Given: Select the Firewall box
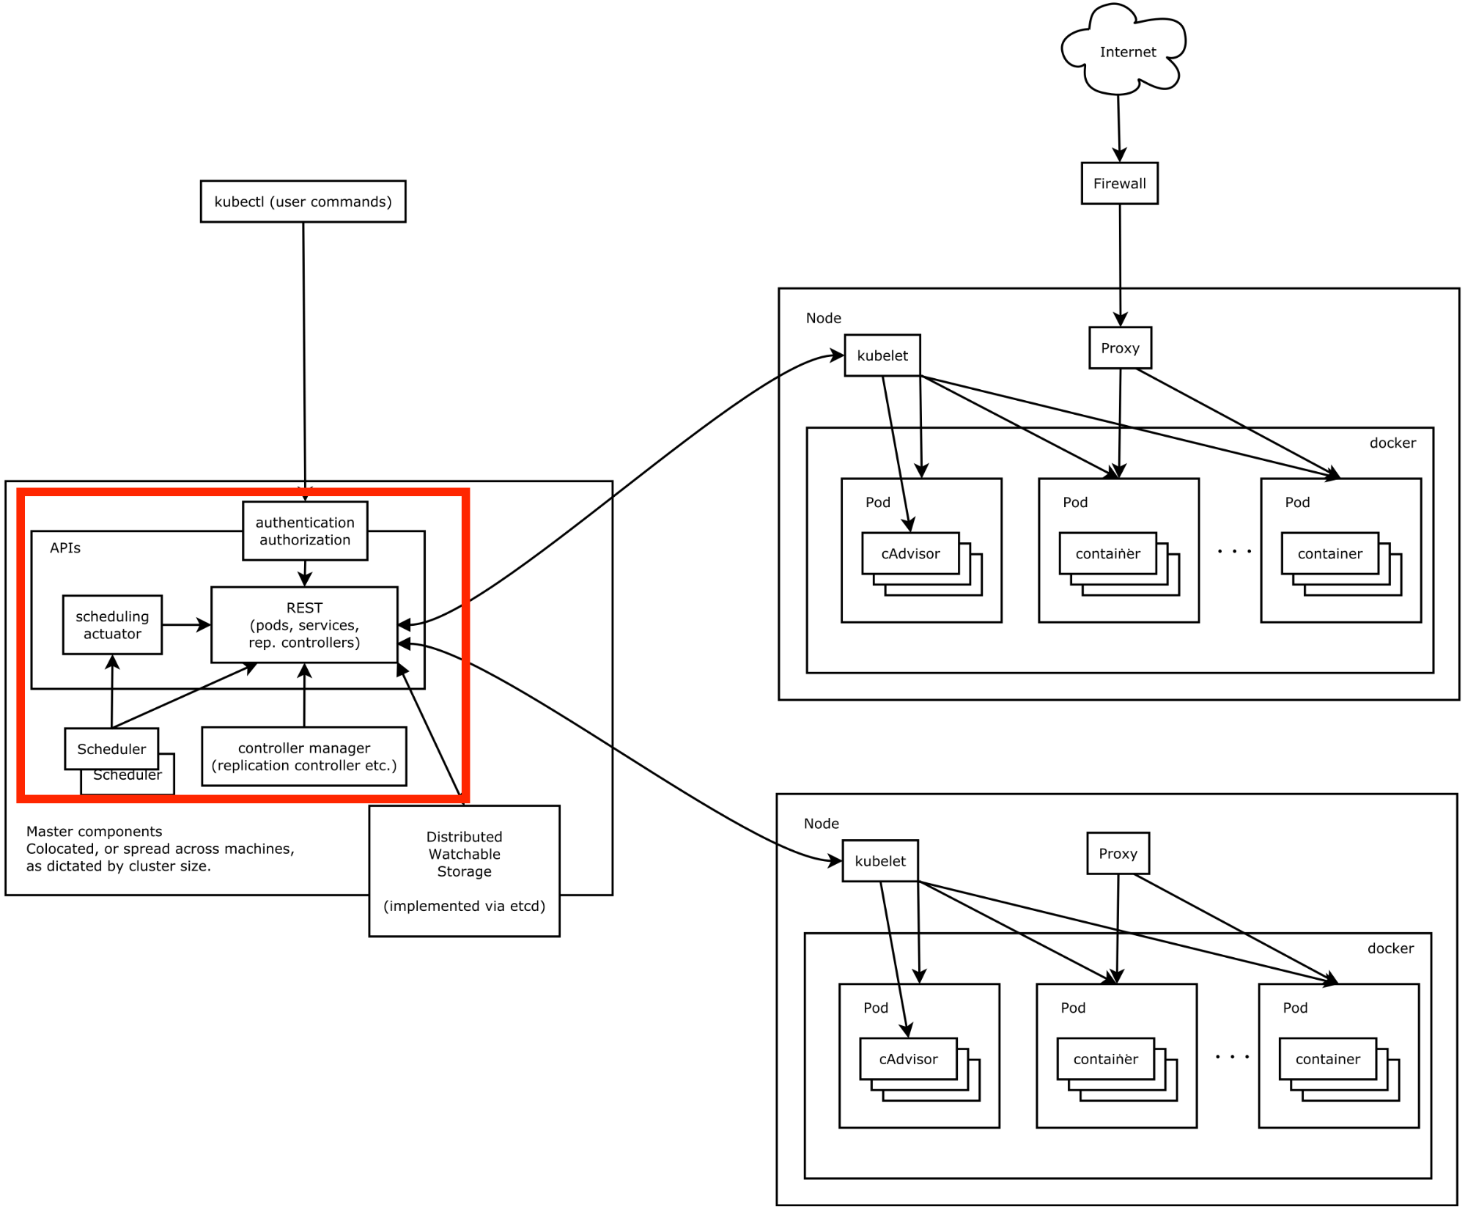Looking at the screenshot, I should (x=1119, y=183).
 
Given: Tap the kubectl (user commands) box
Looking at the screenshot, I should (x=303, y=202).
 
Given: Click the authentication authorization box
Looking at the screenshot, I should (x=305, y=531).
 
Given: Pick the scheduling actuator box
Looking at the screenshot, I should (x=112, y=624).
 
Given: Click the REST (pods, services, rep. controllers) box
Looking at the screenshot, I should (x=304, y=624).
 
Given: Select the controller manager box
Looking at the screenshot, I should (x=303, y=756).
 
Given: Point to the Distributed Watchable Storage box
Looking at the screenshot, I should (x=464, y=870).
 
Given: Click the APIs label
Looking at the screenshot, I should (x=65, y=548).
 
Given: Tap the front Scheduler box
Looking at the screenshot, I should (x=111, y=748).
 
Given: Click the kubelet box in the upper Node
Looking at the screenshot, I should (x=882, y=355).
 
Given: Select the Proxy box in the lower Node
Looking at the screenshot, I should (x=1118, y=853).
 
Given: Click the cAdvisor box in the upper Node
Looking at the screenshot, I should (x=910, y=553).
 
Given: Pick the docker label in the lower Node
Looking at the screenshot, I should (x=1390, y=948).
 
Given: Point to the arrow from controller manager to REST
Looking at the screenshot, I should (x=304, y=696).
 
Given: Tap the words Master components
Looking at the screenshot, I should (x=95, y=831).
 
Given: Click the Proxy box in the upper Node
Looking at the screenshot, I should (x=1120, y=348).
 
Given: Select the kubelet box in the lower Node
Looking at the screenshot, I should (x=879, y=861).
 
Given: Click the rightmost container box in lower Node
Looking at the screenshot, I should (x=1327, y=1059).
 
